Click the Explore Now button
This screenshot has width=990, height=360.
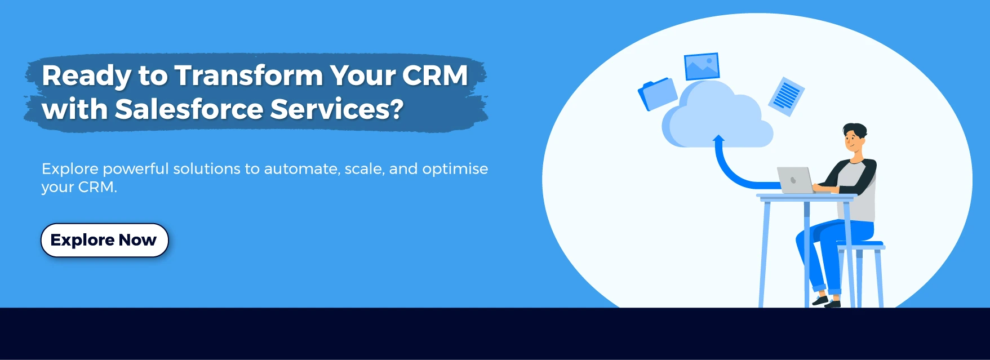coord(104,240)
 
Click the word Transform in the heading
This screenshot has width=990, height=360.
coord(248,75)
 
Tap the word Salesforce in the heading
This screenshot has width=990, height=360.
coord(188,109)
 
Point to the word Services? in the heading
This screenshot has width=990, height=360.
coord(336,109)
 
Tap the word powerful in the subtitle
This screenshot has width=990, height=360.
coord(135,169)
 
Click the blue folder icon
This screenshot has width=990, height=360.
coord(658,94)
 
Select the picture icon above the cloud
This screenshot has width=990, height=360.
coord(702,66)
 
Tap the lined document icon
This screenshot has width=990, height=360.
coord(787,96)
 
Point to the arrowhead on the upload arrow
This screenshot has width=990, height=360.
coord(718,138)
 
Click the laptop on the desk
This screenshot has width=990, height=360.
coord(794,180)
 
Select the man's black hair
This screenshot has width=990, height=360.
coord(855,129)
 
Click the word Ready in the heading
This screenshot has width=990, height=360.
coord(86,75)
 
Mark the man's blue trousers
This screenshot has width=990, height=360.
coord(828,242)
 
